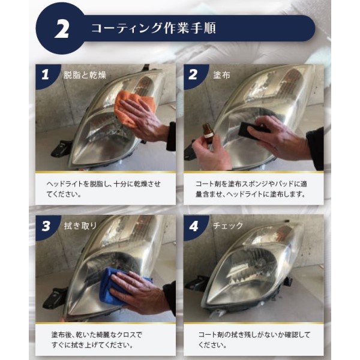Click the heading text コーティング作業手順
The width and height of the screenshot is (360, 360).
point(154,28)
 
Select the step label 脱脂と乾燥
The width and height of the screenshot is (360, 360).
point(85,75)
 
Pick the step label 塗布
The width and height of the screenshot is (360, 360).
point(221,75)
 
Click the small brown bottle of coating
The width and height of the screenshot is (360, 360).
point(208,133)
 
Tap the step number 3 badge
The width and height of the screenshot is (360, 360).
point(46,226)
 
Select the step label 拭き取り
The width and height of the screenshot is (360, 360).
point(80,226)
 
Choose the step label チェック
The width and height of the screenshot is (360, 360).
point(228,226)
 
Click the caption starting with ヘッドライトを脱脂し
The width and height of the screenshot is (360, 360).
point(104,189)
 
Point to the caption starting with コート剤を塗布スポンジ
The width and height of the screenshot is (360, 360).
point(251,189)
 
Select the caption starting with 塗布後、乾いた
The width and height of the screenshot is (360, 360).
point(97,340)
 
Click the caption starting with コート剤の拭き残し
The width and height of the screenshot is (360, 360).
point(254,340)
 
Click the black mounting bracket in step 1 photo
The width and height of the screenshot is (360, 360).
point(59,148)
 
